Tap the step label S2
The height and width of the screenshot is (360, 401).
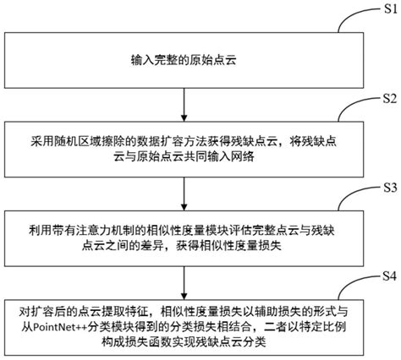tap(385, 100)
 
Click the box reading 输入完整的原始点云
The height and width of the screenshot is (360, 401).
tap(183, 61)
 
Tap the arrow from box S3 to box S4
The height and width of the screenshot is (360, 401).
tap(183, 278)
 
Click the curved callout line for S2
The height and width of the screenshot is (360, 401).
tap(351, 111)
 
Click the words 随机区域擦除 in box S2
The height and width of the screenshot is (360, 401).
tap(91, 140)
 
